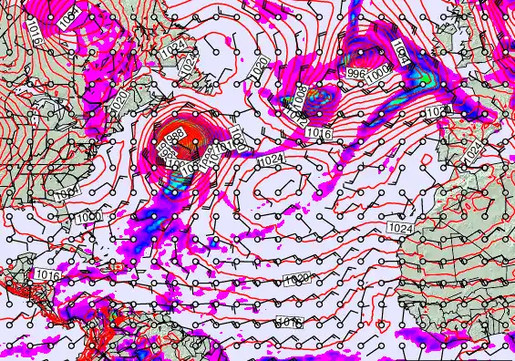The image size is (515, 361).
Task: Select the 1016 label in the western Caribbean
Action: [46, 273]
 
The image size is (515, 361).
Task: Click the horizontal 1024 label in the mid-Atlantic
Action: [269, 161]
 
